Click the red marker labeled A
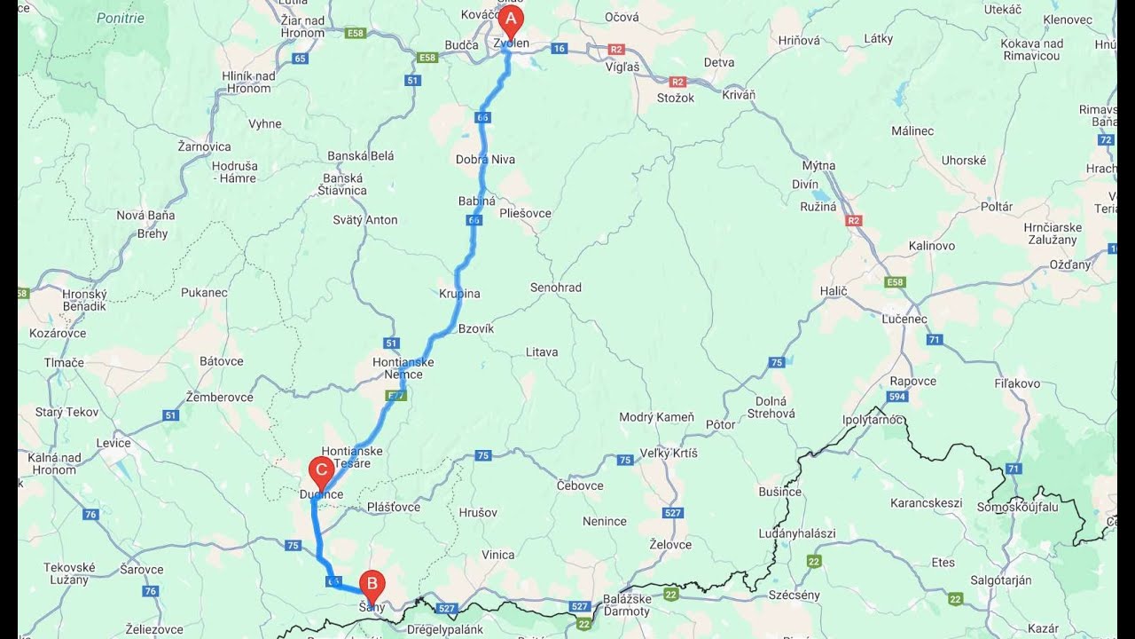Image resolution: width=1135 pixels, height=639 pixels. (510, 20)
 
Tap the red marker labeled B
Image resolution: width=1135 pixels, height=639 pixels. (372, 584)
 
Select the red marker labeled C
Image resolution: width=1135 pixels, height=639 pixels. (320, 471)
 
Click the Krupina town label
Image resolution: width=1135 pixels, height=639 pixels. (459, 294)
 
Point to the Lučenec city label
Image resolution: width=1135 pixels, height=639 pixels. (904, 319)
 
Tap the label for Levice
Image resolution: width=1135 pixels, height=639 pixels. (113, 443)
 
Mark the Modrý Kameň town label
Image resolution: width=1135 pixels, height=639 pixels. (656, 417)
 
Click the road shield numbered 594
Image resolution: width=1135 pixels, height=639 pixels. (898, 397)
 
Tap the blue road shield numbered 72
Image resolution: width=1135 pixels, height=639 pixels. (1105, 139)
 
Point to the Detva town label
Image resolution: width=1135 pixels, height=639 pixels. (718, 62)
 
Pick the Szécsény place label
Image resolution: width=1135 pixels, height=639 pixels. (794, 595)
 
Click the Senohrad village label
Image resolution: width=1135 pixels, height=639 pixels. (556, 288)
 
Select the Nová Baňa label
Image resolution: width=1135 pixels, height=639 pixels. (145, 215)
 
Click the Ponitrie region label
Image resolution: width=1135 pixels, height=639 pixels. (121, 18)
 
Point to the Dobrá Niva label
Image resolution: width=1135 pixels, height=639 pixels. (485, 160)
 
